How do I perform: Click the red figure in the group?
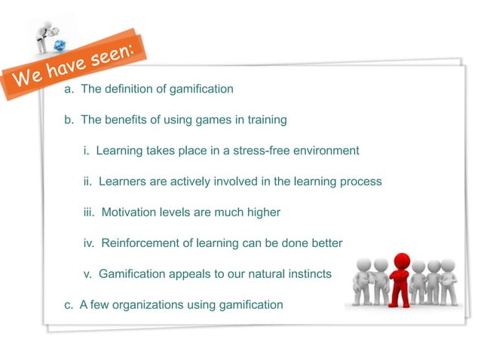[401, 279]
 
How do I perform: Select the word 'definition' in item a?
[129, 89]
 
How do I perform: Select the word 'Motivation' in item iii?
[130, 212]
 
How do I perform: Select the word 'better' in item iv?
[326, 243]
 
